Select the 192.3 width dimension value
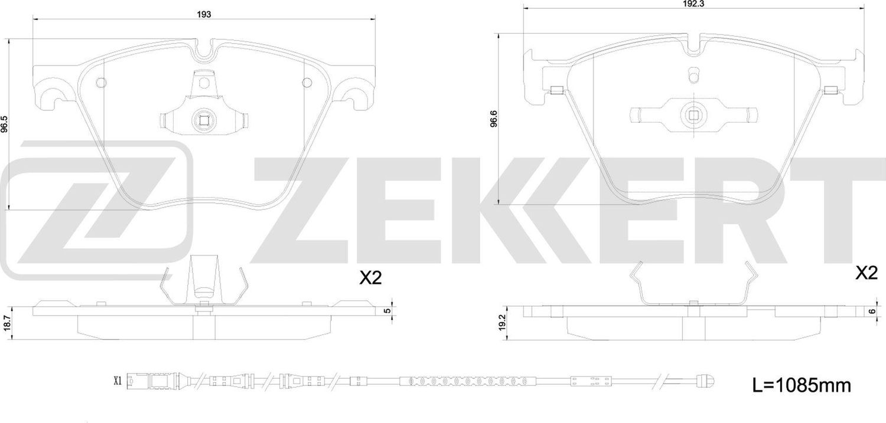[x=693, y=3]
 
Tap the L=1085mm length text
[x=802, y=386]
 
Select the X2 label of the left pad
[x=370, y=278]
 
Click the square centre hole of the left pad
[x=204, y=121]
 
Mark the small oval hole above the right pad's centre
[x=693, y=75]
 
